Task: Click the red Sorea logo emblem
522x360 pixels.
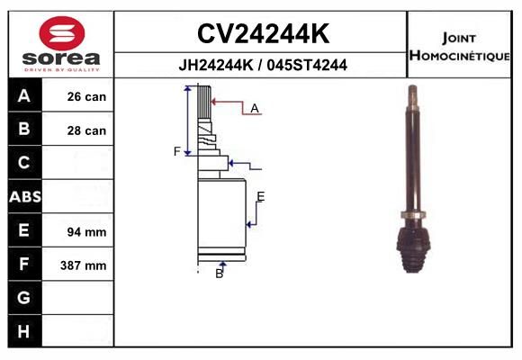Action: [x=62, y=33]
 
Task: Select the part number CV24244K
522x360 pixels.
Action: [x=263, y=33]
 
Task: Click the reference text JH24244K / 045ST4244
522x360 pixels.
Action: [x=263, y=65]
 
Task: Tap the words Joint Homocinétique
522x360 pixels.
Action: [x=459, y=47]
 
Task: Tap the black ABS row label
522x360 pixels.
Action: [x=25, y=196]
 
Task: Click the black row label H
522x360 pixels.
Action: [x=25, y=331]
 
